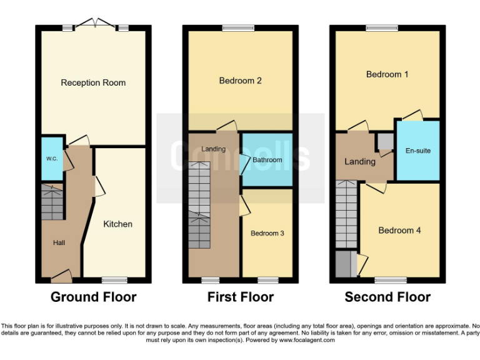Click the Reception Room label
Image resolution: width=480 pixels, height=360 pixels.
[x=93, y=82]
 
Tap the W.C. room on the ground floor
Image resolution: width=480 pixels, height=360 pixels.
[x=52, y=159]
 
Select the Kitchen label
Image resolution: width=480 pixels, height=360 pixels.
[x=117, y=224]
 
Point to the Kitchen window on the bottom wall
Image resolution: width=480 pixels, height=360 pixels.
[x=113, y=280]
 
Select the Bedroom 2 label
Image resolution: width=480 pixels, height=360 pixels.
[x=240, y=81]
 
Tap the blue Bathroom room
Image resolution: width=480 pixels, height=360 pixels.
[x=267, y=160]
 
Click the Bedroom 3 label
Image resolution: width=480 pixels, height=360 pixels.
[x=267, y=233]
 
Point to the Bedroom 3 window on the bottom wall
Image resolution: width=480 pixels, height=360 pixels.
[x=268, y=280]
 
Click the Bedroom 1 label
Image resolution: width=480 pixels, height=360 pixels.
[x=387, y=74]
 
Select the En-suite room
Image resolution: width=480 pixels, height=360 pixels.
[x=417, y=151]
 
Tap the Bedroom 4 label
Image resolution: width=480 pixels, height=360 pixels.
[x=399, y=230]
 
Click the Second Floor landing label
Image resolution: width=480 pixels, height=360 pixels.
[x=360, y=161]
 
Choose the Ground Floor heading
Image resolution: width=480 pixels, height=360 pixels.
[x=93, y=297]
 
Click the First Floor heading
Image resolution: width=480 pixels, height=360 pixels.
[x=240, y=297]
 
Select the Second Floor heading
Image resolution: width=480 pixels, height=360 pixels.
[x=387, y=297]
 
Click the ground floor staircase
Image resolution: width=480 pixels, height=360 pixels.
[x=52, y=201]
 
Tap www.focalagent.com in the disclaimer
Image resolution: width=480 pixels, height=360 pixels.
[x=307, y=341]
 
